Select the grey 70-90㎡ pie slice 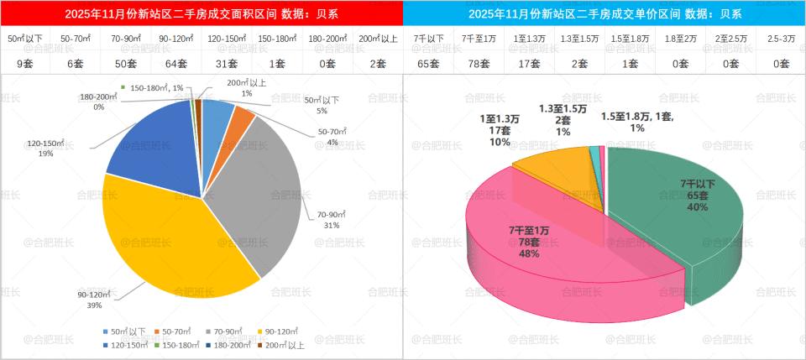[x=260, y=193]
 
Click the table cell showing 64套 [x=176, y=63]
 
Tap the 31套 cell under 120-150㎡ [x=227, y=63]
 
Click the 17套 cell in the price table [x=529, y=63]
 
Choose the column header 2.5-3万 [x=780, y=39]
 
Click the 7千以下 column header [x=428, y=39]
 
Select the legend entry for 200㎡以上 [x=284, y=345]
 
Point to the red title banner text [x=201, y=13]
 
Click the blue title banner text [x=604, y=13]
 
